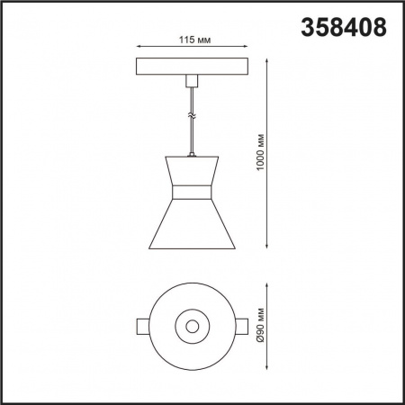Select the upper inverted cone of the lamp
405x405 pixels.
[190, 171]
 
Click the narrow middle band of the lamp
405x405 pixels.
[190, 192]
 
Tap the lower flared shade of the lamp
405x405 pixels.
[190, 225]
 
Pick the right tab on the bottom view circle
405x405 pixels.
[240, 325]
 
